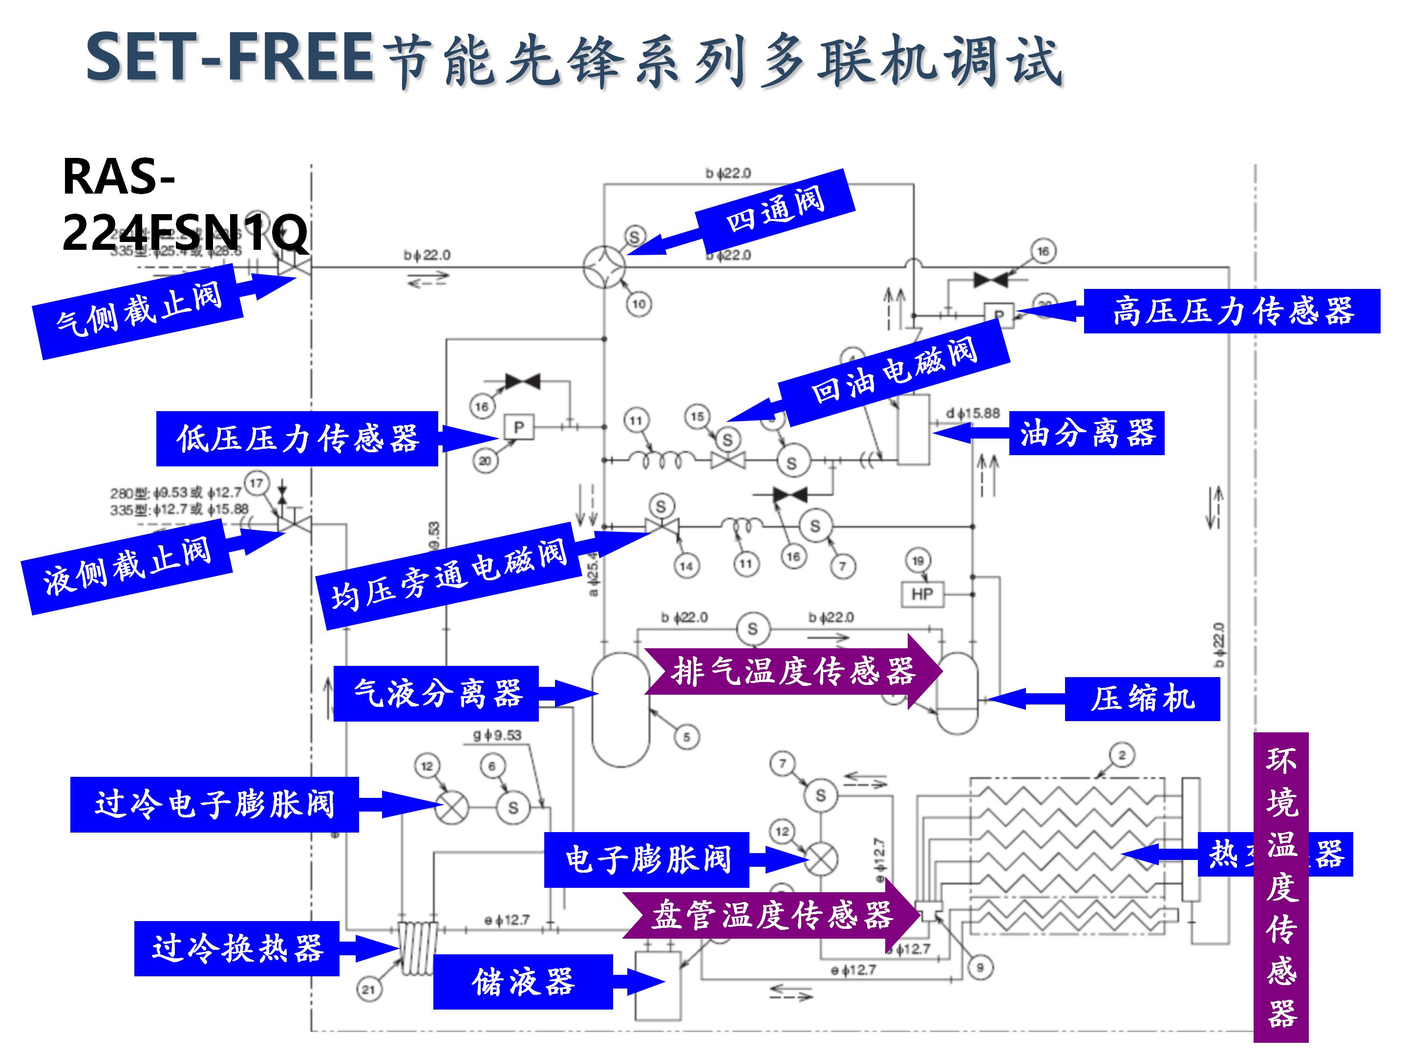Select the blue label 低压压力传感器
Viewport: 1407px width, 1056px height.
(297, 439)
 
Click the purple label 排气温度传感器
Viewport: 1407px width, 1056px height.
(792, 671)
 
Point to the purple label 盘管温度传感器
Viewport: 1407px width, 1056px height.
(771, 915)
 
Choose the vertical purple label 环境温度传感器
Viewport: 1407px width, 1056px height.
(1280, 885)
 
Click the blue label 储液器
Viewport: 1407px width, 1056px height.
(523, 981)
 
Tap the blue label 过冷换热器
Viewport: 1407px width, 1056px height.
(236, 948)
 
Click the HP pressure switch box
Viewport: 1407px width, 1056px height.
(922, 594)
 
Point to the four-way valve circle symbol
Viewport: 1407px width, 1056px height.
(604, 267)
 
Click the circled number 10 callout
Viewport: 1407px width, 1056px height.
(639, 304)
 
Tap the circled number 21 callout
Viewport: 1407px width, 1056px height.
(368, 989)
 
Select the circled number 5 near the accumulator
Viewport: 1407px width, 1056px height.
(686, 737)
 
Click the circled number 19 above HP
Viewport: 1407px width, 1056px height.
(917, 561)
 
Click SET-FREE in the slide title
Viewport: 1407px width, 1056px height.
(230, 57)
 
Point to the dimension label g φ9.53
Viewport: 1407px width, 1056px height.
(497, 735)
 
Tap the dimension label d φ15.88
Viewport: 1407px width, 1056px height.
(973, 413)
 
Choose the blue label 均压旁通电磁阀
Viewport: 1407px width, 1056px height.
(448, 575)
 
